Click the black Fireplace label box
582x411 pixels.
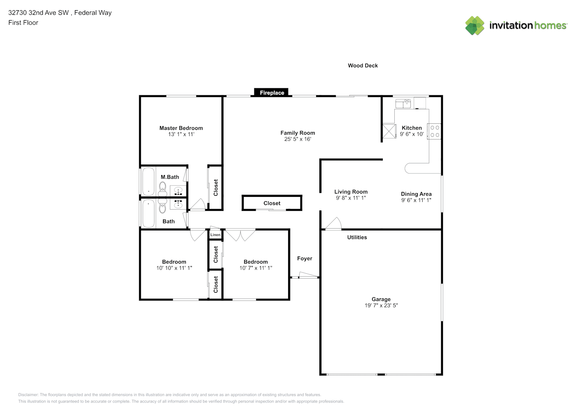click(271, 92)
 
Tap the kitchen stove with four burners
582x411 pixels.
click(434, 131)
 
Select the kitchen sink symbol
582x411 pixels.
click(403, 103)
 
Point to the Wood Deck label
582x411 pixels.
click(363, 66)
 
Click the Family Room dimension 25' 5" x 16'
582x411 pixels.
click(298, 139)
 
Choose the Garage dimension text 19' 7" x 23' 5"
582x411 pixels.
click(381, 305)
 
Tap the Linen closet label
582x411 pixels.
click(215, 235)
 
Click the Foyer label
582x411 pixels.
click(305, 259)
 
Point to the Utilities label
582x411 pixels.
click(357, 237)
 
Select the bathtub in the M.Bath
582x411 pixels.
click(148, 181)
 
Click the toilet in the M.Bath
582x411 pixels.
click(163, 189)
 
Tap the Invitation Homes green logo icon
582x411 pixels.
click(475, 25)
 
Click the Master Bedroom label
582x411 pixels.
click(181, 128)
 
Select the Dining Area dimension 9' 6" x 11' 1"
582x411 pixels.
click(416, 200)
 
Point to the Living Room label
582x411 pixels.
click(351, 192)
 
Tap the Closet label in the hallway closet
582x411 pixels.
click(272, 203)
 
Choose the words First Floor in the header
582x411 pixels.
click(23, 23)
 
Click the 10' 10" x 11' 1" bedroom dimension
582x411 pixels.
click(174, 268)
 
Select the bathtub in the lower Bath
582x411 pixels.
click(148, 213)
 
